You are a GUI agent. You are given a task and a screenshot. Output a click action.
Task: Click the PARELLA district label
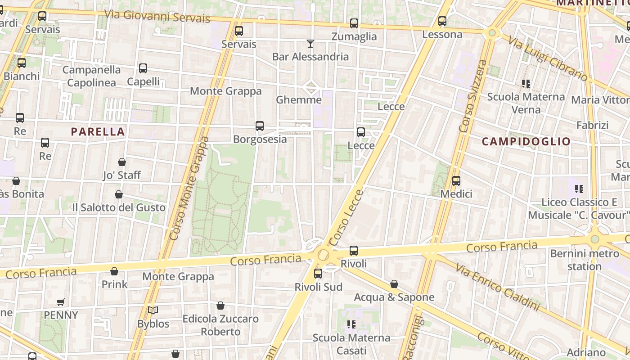coord(98,131)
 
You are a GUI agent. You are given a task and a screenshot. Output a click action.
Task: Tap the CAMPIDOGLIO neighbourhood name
coord(526,141)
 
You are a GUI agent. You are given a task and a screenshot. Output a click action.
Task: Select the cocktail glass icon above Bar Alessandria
coord(310,44)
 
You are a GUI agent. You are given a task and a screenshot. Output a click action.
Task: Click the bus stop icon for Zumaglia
coord(354,23)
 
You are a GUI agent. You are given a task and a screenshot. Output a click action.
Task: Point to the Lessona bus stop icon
coord(442,21)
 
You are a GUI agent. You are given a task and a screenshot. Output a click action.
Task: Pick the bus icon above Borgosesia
coord(260,126)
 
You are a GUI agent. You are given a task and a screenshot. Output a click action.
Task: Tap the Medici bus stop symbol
coord(456,181)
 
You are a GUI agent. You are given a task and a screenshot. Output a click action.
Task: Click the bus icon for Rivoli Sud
coord(318,274)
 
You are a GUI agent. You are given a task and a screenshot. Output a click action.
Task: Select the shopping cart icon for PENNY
coord(61,302)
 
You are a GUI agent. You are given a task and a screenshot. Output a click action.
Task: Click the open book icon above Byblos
coord(153,310)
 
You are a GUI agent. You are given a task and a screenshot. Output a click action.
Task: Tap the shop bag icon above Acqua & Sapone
coord(394,284)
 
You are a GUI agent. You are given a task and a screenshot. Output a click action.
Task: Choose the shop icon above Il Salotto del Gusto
coord(119,194)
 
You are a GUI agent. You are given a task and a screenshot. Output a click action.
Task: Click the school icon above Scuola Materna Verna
coord(526,84)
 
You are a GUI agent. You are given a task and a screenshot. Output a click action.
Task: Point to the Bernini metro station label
coord(585,260)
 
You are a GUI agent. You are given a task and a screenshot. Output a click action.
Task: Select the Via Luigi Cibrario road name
coord(548,59)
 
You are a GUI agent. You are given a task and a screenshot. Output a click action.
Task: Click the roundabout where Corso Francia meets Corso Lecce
coord(323,255)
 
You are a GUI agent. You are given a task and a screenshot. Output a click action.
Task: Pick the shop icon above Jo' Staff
coord(122,162)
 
